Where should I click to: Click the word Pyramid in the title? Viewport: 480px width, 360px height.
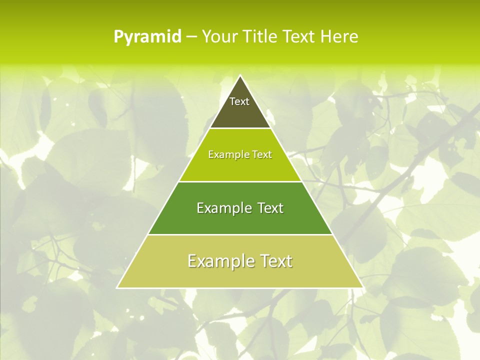coord(147,37)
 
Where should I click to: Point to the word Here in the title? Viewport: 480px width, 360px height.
coord(339,36)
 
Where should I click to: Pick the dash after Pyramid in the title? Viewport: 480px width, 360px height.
coord(191,37)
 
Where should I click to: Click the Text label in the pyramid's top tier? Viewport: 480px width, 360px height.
coord(239,101)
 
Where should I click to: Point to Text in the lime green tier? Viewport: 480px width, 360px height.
coord(262,155)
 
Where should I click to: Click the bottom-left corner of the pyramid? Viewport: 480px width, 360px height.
coord(117,287)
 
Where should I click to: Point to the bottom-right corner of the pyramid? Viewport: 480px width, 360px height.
coord(363,287)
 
